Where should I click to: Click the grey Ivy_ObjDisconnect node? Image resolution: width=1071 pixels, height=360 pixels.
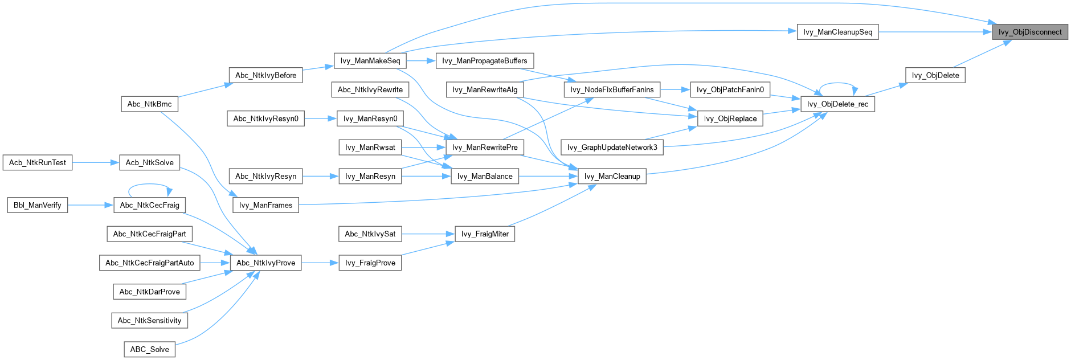click(1029, 32)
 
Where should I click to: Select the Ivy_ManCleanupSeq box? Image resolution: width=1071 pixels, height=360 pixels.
click(837, 32)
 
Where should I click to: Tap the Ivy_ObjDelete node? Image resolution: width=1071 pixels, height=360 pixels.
click(935, 75)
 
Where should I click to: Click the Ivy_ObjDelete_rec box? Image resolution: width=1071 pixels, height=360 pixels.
click(837, 104)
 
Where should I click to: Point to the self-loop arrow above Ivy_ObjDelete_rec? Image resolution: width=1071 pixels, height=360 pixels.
click(837, 83)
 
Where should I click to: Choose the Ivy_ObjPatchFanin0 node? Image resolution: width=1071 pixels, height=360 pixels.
click(730, 89)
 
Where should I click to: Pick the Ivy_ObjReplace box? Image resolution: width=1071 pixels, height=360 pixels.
click(730, 118)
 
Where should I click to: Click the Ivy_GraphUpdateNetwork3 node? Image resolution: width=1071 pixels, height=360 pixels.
click(612, 148)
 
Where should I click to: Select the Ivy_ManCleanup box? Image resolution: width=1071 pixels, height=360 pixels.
click(612, 176)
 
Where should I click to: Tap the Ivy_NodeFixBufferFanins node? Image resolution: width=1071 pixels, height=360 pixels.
click(612, 89)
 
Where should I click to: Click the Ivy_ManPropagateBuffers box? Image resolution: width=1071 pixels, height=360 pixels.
click(484, 61)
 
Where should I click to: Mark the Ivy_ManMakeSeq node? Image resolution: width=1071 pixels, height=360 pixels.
click(370, 61)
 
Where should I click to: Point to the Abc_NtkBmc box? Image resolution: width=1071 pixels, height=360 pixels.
click(149, 104)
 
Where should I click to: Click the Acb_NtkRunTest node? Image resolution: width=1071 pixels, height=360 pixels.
click(38, 162)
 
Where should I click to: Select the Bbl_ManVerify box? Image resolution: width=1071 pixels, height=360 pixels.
click(38, 205)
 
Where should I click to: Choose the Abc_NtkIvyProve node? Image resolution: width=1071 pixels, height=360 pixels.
click(265, 263)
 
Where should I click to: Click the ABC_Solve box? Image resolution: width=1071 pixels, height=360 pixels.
click(149, 349)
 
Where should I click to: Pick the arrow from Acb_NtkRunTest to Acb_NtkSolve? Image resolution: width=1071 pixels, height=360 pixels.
click(95, 162)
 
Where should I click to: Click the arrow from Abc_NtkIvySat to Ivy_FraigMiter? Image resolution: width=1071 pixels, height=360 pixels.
click(428, 234)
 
